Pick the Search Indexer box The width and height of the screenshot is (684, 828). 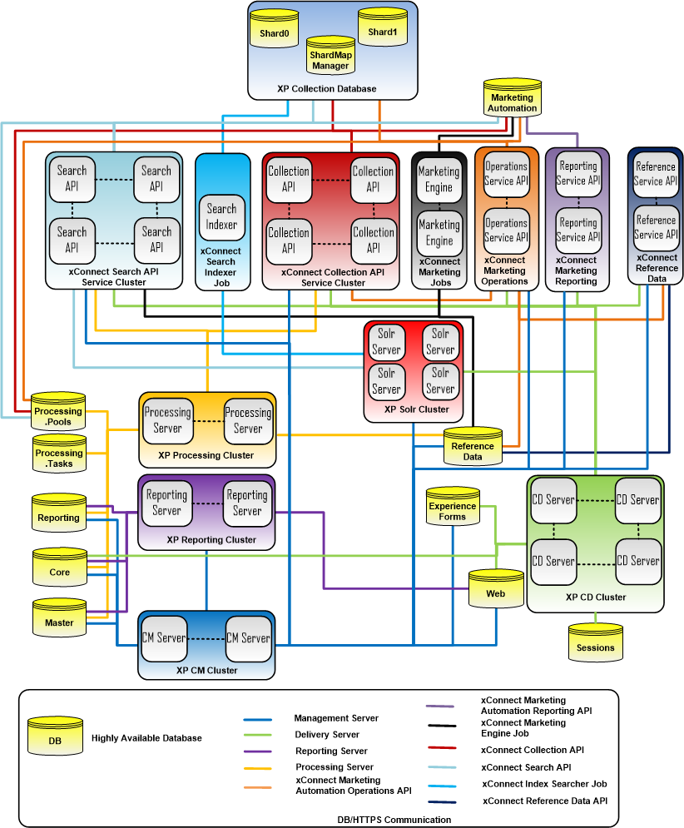(221, 216)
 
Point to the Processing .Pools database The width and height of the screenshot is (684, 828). (58, 414)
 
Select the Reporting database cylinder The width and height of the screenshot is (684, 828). (58, 516)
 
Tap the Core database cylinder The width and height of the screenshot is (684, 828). (59, 570)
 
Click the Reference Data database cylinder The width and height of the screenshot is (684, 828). (472, 449)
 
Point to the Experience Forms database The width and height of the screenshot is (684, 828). (453, 508)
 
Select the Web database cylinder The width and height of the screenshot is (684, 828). (495, 592)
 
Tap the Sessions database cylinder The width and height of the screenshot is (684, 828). (595, 644)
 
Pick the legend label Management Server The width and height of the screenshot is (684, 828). (336, 718)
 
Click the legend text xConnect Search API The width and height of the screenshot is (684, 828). (526, 766)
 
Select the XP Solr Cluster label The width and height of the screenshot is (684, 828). (417, 409)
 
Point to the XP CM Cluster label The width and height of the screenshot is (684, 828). (206, 670)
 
